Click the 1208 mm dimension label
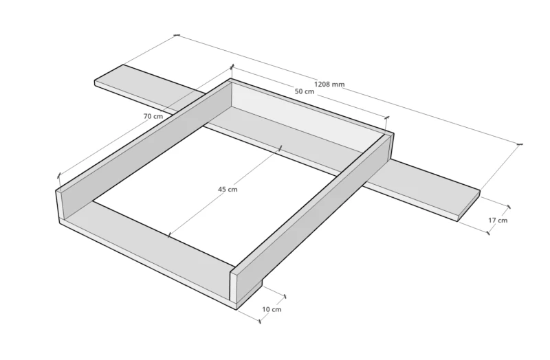coord(329,84)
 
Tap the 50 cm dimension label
coord(305,91)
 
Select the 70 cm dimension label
coord(153,116)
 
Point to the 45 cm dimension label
coord(228,190)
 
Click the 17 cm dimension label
coord(498,220)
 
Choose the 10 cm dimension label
coord(272,310)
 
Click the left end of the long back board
coord(96,83)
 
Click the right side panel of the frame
coord(312,217)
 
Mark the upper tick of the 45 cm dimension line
coord(280,148)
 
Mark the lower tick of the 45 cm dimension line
coord(168,235)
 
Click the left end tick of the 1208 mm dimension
coord(177,35)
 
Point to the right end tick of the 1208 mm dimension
coord(520,144)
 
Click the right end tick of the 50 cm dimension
coord(387,117)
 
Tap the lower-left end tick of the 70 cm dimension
coord(59,175)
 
